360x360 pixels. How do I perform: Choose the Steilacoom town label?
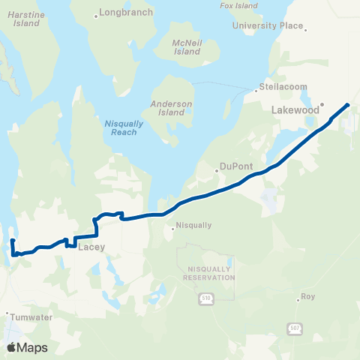[x=283, y=87]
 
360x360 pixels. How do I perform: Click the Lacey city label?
[x=90, y=246]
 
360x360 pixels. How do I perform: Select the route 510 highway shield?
[x=207, y=299]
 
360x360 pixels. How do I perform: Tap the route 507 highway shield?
[x=293, y=328]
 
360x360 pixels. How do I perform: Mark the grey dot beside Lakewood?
[x=321, y=104]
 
